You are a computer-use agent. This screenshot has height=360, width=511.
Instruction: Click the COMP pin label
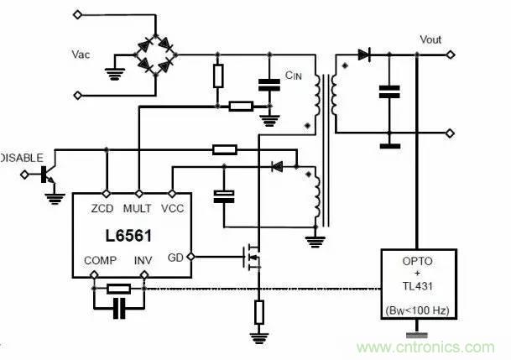101,261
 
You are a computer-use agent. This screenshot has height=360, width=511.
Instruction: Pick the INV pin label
145,261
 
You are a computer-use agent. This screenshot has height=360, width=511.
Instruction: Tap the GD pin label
177,256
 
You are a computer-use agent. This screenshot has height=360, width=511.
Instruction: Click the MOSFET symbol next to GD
252,255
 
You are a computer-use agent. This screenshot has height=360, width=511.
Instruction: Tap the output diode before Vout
364,55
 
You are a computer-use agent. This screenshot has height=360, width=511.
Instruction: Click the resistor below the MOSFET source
258,312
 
